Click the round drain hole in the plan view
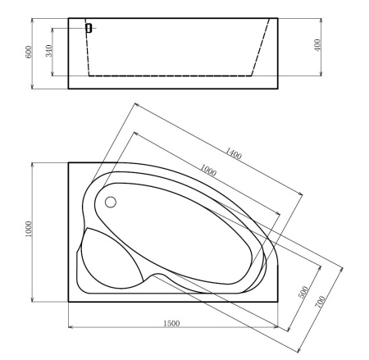(112, 202)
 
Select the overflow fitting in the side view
(88, 28)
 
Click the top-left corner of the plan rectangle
(68, 162)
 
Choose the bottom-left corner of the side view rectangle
(68, 88)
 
